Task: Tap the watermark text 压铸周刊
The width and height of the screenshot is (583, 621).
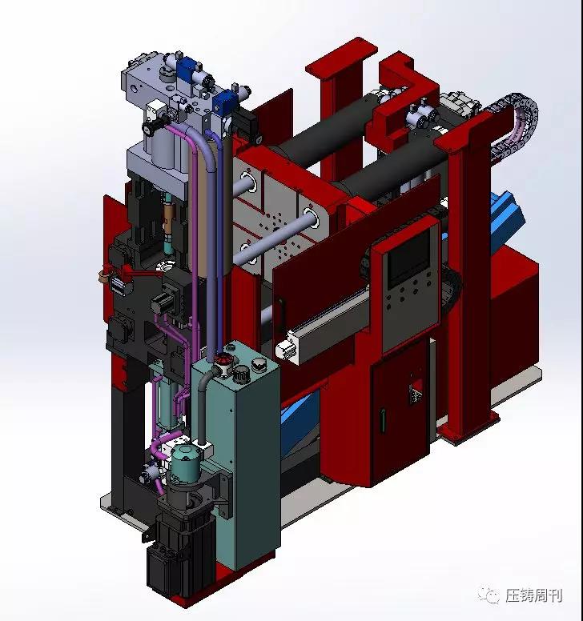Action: [x=534, y=595]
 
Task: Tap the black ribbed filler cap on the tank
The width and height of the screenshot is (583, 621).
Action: [x=239, y=373]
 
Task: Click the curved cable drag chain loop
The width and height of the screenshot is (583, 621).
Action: [x=515, y=118]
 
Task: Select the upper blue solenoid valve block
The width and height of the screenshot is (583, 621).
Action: [x=187, y=69]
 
